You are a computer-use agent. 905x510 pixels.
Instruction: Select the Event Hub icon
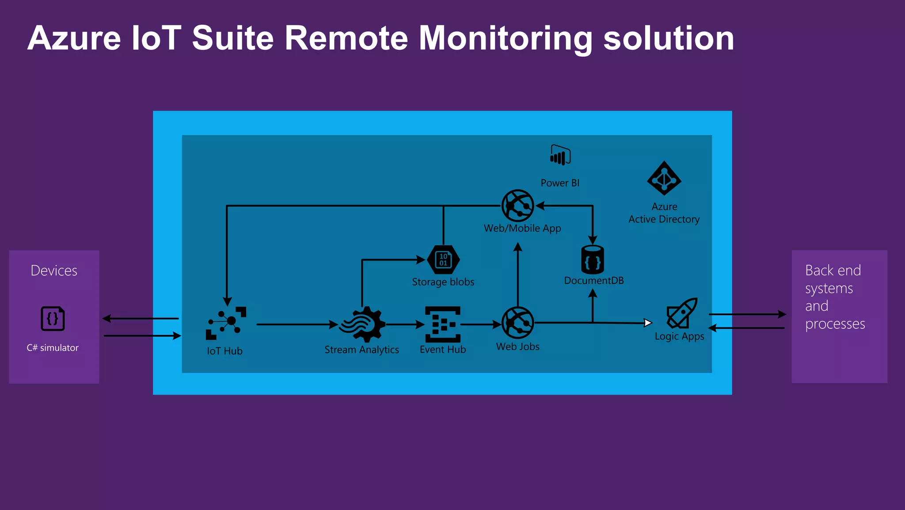pyautogui.click(x=443, y=324)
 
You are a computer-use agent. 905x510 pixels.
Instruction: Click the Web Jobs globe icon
pyautogui.click(x=517, y=323)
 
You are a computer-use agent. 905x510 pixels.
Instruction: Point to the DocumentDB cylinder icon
pyautogui.click(x=593, y=260)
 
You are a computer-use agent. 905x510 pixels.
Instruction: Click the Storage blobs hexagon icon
pyautogui.click(x=443, y=260)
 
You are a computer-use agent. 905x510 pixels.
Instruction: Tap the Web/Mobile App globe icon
pyautogui.click(x=517, y=206)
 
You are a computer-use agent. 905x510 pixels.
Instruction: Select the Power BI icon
pyautogui.click(x=560, y=155)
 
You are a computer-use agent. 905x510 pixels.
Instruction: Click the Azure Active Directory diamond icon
pyautogui.click(x=664, y=179)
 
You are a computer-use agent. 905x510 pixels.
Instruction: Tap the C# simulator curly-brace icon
pyautogui.click(x=53, y=319)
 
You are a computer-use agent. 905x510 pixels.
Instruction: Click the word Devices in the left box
pyautogui.click(x=54, y=270)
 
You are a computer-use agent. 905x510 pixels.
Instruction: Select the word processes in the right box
pyautogui.click(x=835, y=324)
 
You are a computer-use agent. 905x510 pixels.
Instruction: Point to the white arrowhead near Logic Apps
pyautogui.click(x=648, y=323)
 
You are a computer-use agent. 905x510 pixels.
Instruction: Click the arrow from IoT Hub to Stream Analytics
pyautogui.click(x=296, y=325)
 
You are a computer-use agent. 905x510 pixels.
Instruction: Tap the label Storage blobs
pyautogui.click(x=443, y=282)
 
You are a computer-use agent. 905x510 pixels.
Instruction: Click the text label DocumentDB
pyautogui.click(x=593, y=281)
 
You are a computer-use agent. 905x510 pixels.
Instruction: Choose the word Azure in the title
pyautogui.click(x=74, y=39)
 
